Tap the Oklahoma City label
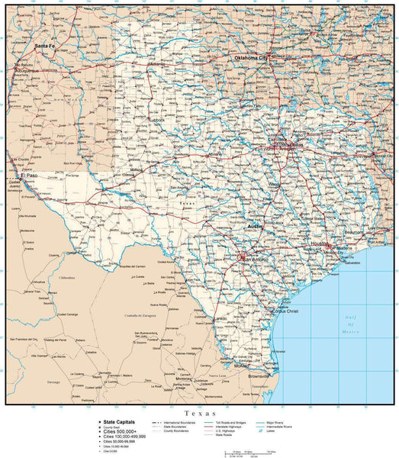coord(251,58)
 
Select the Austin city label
coord(256,227)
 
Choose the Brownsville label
coord(259,376)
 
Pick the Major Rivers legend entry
coord(276,421)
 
